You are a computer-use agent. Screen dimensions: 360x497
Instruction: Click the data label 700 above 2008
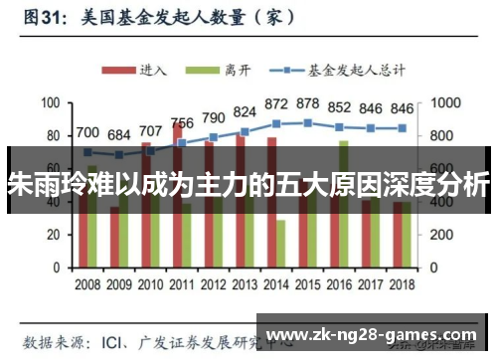[x=87, y=132]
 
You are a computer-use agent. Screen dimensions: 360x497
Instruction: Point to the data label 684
[x=119, y=135]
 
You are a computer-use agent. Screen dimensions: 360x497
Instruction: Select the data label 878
[x=308, y=103]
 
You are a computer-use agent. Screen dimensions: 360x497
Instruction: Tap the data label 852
[x=340, y=107]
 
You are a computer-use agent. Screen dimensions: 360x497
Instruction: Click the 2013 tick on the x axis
[x=246, y=282]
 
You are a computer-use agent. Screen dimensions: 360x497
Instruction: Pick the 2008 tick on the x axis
[x=87, y=282]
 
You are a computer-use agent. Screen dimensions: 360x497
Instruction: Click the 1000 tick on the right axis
[x=442, y=103]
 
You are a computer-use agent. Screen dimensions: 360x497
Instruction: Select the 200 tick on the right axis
[x=438, y=235]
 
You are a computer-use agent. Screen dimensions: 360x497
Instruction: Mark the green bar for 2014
[x=281, y=244]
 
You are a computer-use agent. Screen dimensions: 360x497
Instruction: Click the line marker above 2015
[x=308, y=123]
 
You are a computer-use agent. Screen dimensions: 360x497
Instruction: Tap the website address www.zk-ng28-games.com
[x=373, y=333]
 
